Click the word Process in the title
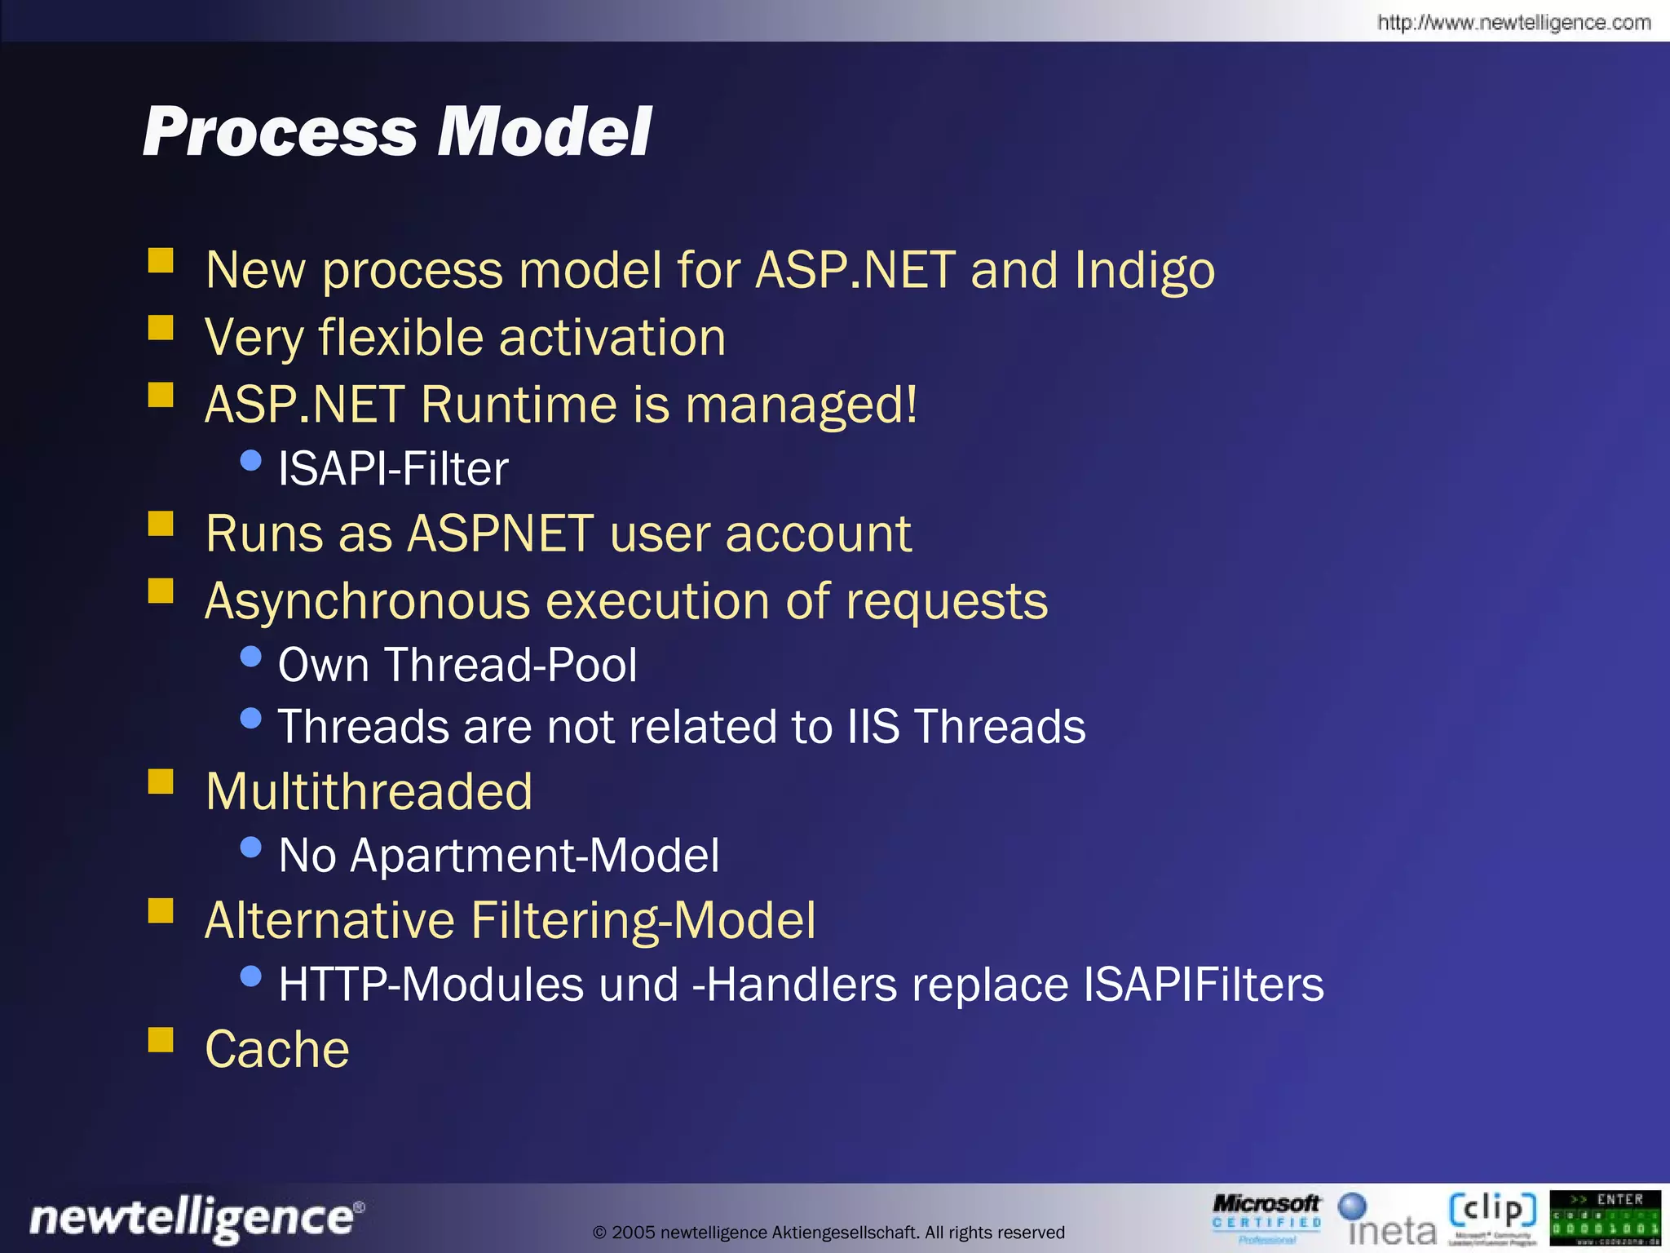[280, 132]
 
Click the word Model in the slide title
[544, 132]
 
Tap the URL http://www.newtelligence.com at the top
[1513, 22]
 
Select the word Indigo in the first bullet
[1144, 271]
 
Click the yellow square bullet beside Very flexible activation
[161, 328]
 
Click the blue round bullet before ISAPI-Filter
[251, 461]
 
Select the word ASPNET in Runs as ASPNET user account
[500, 534]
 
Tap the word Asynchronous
[368, 602]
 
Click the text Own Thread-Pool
[457, 665]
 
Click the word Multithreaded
[369, 792]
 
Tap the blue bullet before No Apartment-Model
[251, 848]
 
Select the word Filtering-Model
[643, 921]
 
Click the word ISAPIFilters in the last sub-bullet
[1204, 985]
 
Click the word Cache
[277, 1049]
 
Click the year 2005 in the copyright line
[633, 1233]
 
